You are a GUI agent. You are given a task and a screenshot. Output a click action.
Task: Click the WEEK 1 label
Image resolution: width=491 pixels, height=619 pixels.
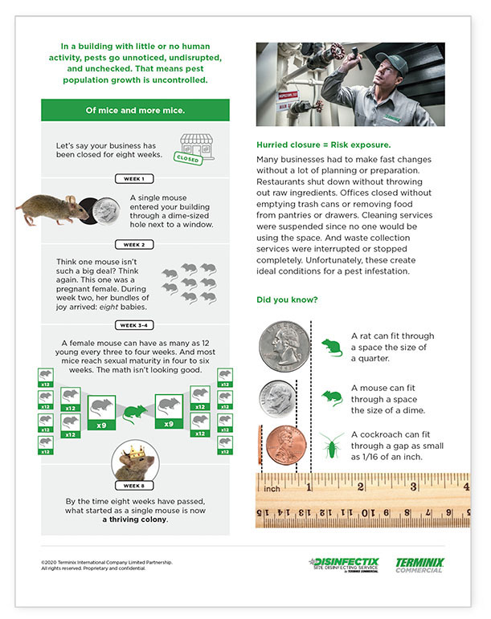(x=135, y=178)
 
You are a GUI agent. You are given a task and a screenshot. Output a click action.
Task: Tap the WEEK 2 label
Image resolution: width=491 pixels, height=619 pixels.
(x=135, y=244)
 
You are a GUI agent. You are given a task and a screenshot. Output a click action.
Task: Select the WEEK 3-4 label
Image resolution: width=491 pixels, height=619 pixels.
(x=135, y=324)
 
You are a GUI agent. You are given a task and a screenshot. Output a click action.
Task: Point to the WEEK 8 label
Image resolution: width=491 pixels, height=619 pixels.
(x=135, y=485)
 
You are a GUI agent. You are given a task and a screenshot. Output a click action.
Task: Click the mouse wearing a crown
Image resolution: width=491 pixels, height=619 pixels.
(x=134, y=460)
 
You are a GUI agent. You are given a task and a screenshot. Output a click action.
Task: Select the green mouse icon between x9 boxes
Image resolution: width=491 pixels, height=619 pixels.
(x=135, y=409)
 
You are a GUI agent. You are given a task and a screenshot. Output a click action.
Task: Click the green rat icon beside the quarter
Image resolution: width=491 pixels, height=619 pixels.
(x=331, y=347)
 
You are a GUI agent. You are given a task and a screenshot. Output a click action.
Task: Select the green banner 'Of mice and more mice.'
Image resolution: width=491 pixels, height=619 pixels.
(x=135, y=110)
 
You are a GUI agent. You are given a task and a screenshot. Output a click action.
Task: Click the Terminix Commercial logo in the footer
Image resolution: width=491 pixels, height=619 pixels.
(x=420, y=564)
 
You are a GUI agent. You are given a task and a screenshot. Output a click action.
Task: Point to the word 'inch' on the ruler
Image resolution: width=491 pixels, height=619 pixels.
(x=274, y=487)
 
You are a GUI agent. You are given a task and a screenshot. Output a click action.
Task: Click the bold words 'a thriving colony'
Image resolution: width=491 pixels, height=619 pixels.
(x=135, y=519)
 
